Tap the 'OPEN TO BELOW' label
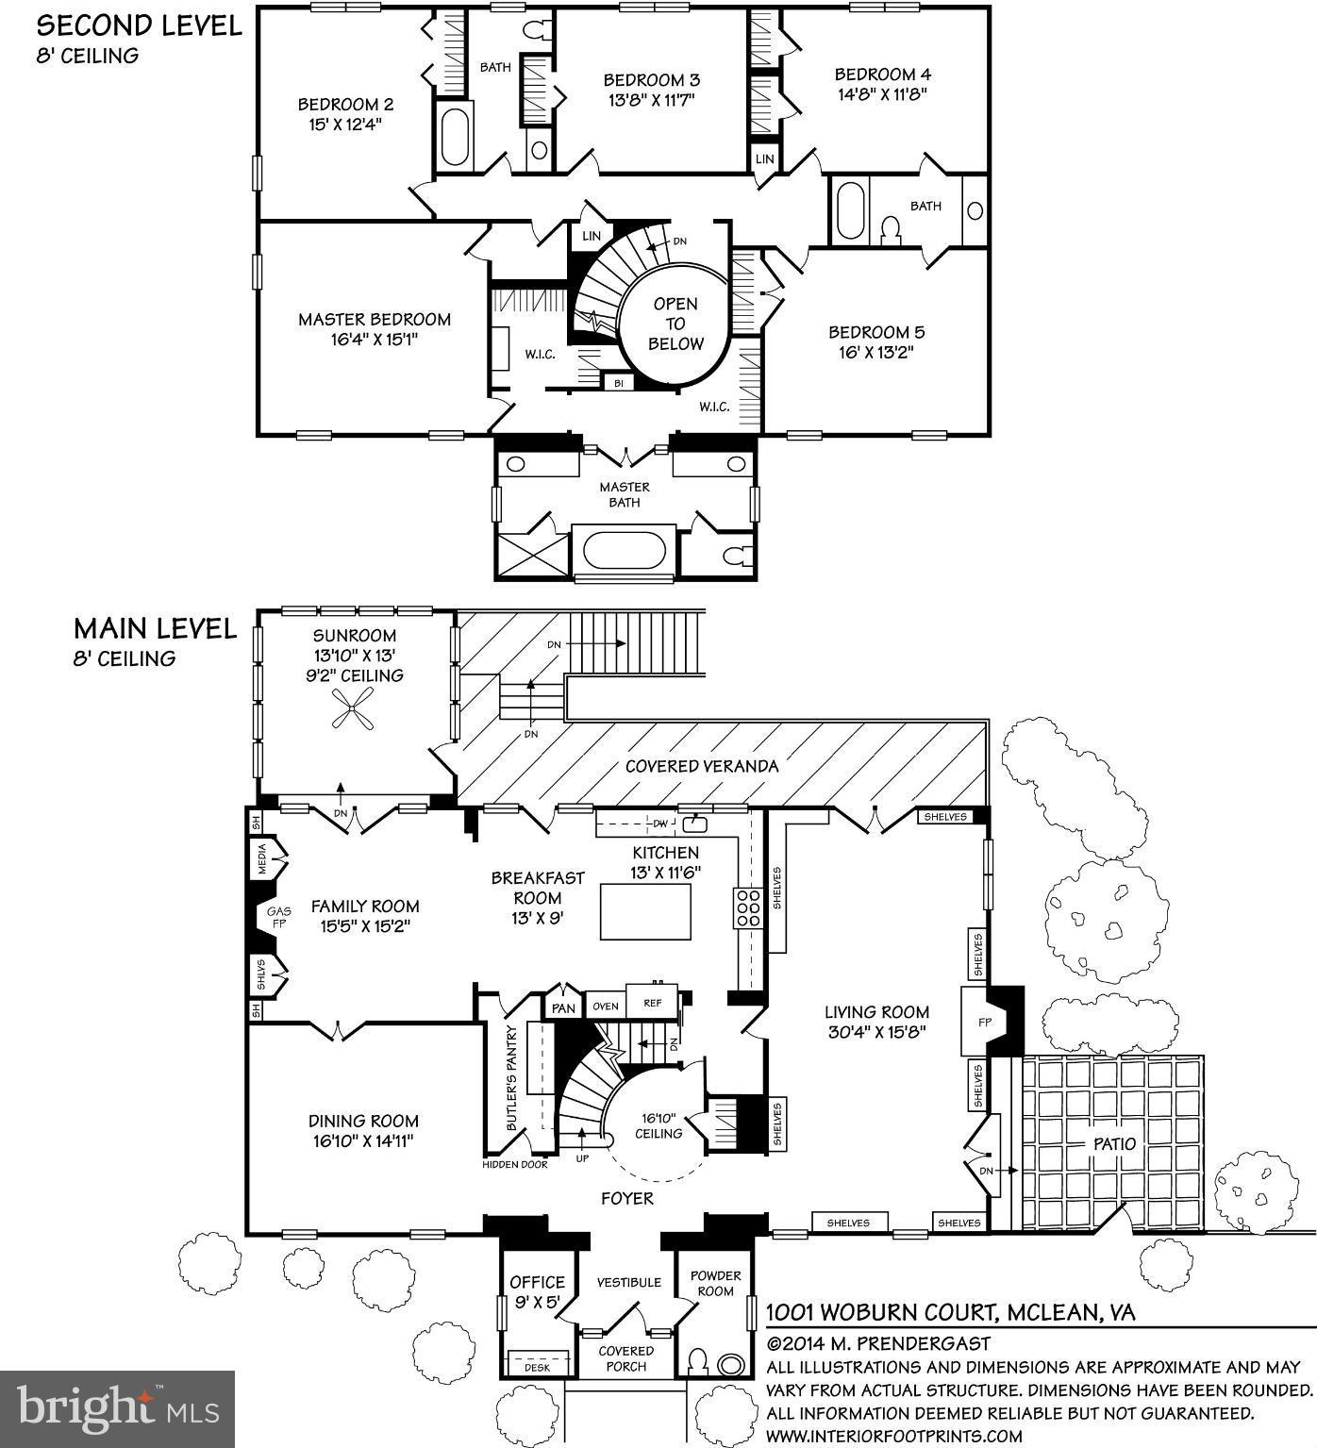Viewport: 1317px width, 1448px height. tap(676, 324)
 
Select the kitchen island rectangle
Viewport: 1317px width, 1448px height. tap(645, 912)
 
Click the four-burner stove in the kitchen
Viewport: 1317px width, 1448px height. tap(749, 907)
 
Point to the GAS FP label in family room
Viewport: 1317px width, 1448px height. tap(278, 917)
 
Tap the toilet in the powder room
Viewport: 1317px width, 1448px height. tap(698, 1362)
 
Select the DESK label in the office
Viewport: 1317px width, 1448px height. tap(537, 1366)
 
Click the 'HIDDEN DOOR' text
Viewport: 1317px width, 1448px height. tap(515, 1164)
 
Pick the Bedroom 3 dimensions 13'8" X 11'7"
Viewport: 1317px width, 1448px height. tap(651, 98)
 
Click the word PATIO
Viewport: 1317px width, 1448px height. tap(1114, 1143)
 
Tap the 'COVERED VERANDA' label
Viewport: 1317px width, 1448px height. tap(702, 766)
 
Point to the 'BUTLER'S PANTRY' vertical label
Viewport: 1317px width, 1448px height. tap(511, 1077)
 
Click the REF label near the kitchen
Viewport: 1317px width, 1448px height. tap(653, 1004)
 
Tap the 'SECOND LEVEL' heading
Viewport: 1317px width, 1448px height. tap(140, 25)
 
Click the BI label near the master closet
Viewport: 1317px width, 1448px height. tap(619, 383)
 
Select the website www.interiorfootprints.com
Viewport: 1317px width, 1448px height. tap(893, 1436)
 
